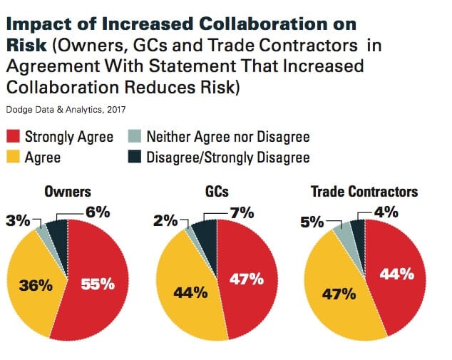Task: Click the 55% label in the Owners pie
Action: tap(98, 284)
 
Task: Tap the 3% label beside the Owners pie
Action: tap(20, 221)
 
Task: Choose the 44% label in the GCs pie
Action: tap(188, 291)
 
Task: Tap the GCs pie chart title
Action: tap(217, 192)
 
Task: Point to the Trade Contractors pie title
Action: tap(364, 192)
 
